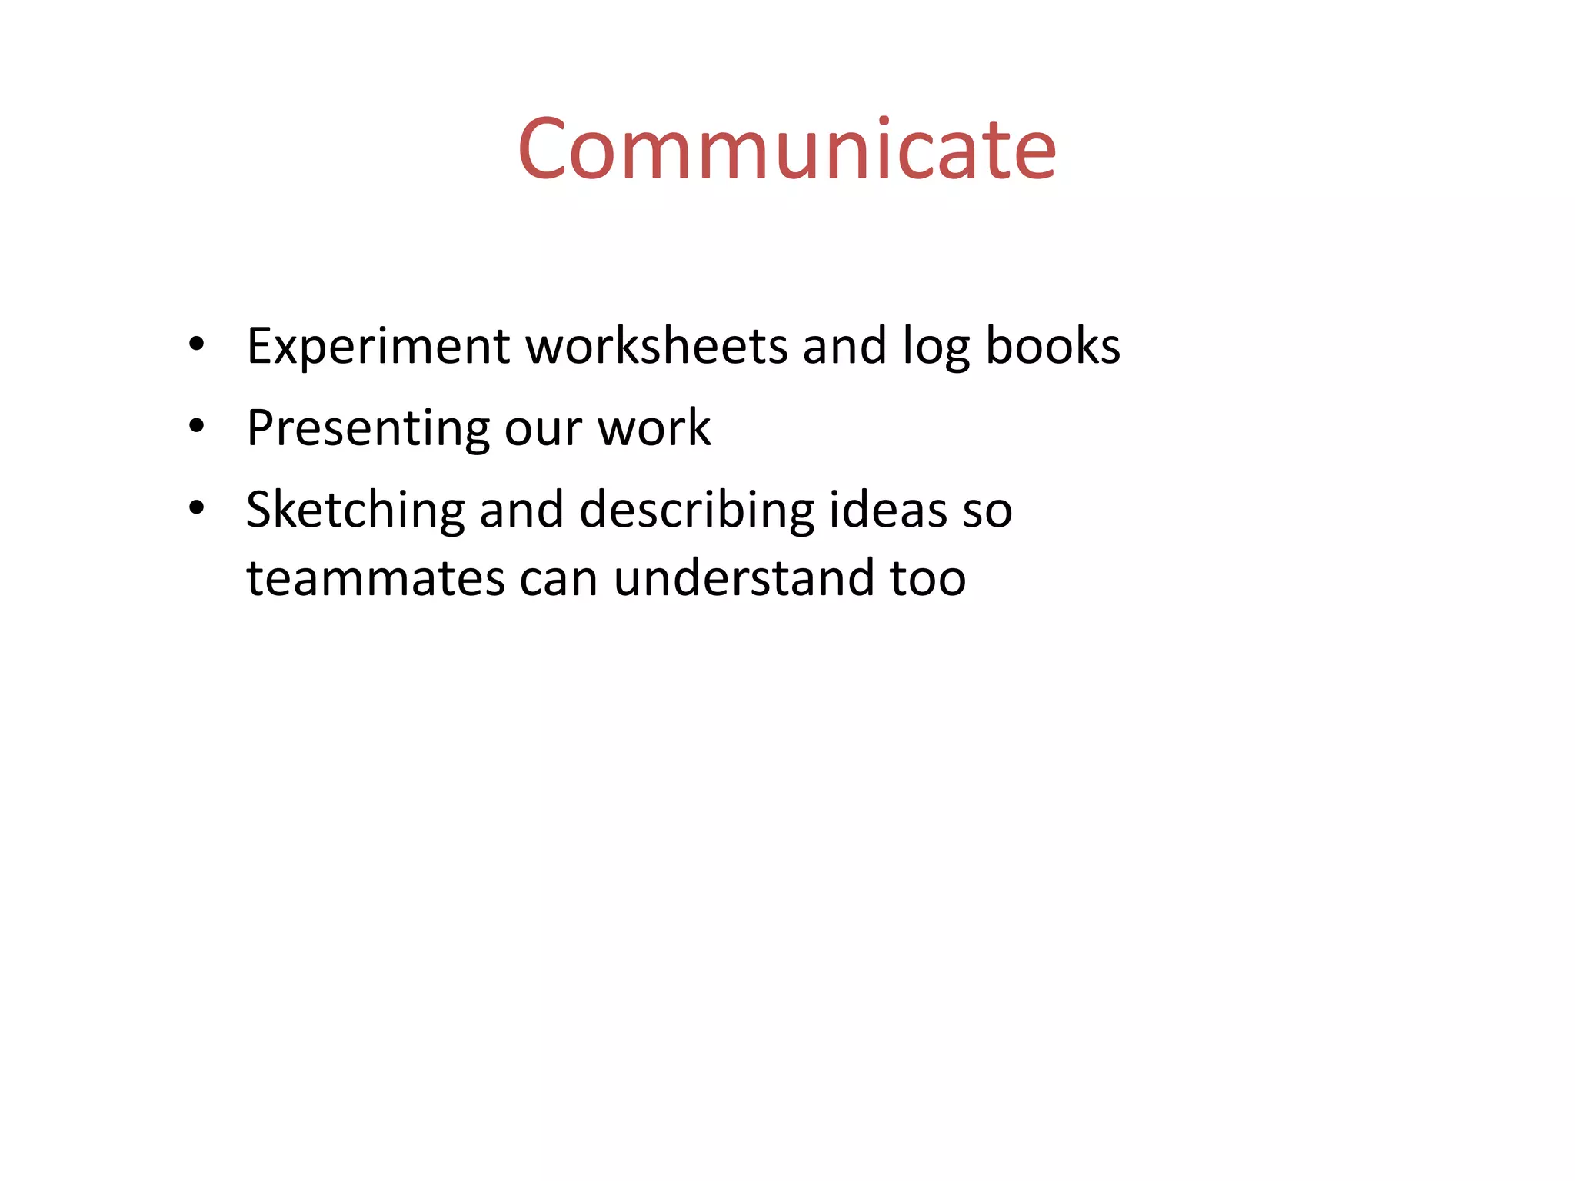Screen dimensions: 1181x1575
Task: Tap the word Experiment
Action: click(378, 346)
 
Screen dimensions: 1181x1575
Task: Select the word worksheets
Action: click(657, 346)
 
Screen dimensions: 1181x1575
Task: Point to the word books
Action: click(1053, 346)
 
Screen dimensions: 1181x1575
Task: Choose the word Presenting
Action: click(368, 428)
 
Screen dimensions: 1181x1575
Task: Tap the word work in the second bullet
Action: click(654, 428)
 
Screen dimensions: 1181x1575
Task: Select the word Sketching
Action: click(355, 511)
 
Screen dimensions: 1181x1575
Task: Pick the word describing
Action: click(697, 511)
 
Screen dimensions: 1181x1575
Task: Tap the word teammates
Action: click(375, 578)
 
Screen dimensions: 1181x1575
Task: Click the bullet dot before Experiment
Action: click(197, 344)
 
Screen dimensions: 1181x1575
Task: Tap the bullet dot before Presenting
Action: click(197, 426)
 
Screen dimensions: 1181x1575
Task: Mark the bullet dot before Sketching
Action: click(197, 507)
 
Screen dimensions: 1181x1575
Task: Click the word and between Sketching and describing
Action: click(521, 510)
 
